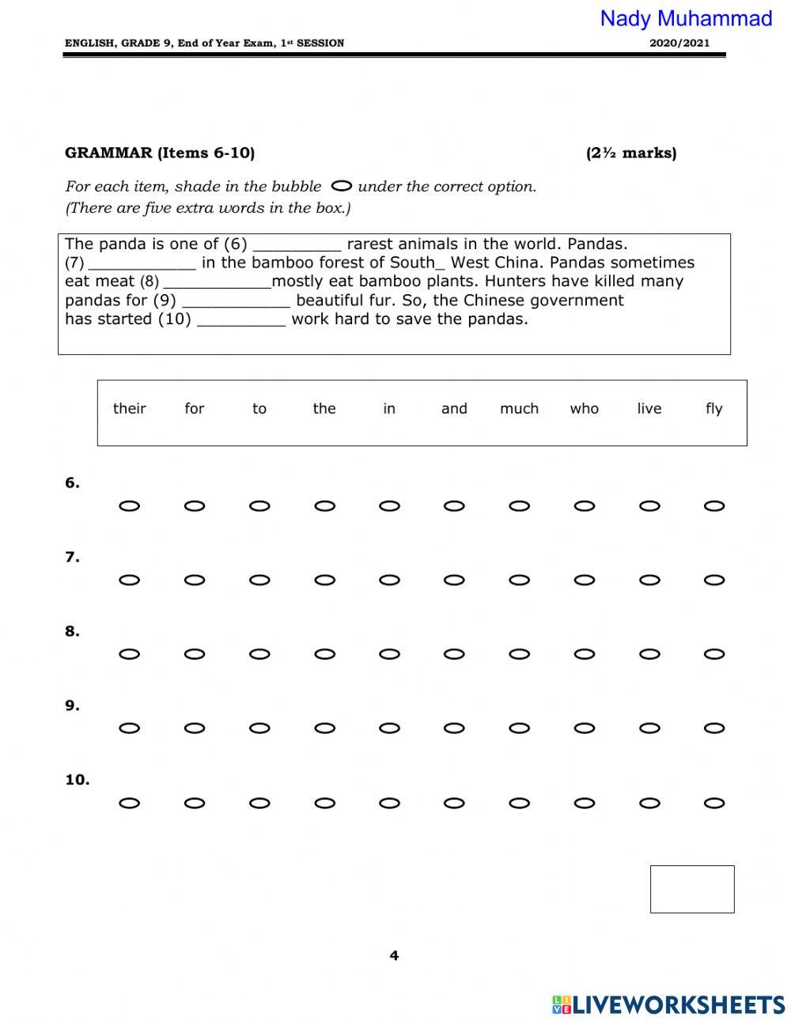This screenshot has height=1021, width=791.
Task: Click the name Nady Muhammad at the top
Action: [686, 18]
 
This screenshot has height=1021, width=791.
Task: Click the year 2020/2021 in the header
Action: [679, 43]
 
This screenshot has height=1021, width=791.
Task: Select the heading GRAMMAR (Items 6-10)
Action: [160, 153]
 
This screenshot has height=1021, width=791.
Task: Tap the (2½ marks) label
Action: [631, 153]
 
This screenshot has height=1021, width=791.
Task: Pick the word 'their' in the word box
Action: [130, 409]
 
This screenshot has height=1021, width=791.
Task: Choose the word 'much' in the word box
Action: [519, 409]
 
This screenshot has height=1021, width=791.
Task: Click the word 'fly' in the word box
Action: [713, 409]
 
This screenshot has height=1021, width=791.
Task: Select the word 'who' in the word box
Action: [585, 409]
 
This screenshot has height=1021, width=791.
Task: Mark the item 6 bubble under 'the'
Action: [324, 506]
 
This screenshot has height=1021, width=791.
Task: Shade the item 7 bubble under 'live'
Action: [649, 580]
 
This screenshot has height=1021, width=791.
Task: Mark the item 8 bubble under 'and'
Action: [454, 655]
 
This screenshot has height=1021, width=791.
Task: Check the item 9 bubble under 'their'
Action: [130, 728]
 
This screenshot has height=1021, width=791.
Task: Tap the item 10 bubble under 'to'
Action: [259, 804]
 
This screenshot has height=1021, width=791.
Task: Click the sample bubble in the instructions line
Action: [342, 187]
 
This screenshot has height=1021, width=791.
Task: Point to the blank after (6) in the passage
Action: [297, 245]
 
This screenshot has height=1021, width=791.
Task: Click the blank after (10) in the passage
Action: [240, 320]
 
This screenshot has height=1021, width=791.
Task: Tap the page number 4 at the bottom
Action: [394, 956]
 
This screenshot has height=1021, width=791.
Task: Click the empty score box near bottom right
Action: [692, 889]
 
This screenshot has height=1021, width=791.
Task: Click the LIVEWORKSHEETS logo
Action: [668, 1004]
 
